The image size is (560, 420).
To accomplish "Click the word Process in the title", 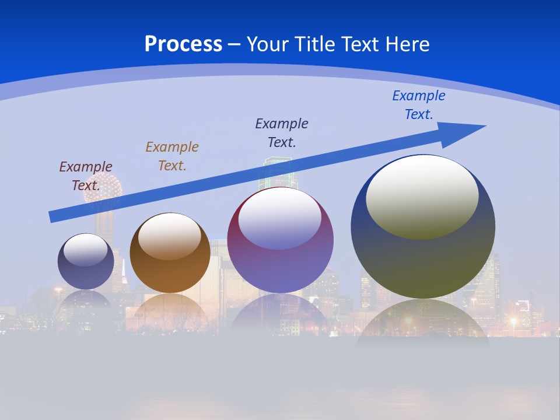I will click(x=183, y=44).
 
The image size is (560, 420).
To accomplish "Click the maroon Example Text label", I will click(x=85, y=176).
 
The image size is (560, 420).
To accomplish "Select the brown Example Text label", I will click(x=172, y=156).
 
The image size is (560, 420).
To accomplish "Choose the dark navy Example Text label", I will click(x=282, y=132).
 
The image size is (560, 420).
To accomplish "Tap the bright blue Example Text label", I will click(x=418, y=105).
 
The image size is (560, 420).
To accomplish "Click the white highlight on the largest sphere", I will click(x=422, y=195).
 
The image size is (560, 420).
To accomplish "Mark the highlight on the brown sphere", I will click(x=169, y=235).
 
